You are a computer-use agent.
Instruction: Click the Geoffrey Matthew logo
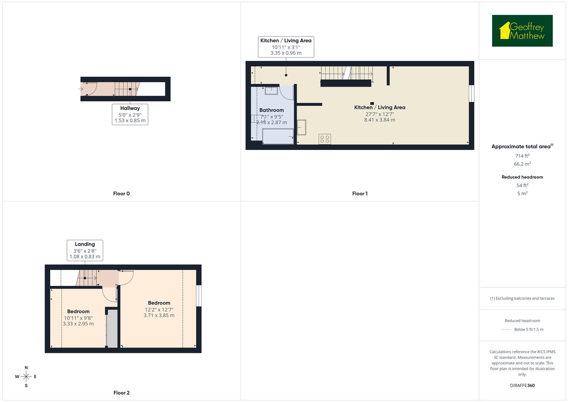(x=522, y=31)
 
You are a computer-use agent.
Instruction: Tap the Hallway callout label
(x=130, y=114)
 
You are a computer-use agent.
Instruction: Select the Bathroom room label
(x=272, y=110)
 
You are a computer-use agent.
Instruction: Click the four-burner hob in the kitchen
(x=324, y=139)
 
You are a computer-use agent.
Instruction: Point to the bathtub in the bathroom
(x=278, y=136)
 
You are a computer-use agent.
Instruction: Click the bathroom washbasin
(x=272, y=91)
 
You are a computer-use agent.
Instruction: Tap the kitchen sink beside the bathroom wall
(x=301, y=127)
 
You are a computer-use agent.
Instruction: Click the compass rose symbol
(x=26, y=377)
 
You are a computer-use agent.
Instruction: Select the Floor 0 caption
(x=121, y=194)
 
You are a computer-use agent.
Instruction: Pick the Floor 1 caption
(x=360, y=194)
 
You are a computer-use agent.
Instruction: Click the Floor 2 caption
(x=121, y=393)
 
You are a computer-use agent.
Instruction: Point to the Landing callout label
(x=85, y=250)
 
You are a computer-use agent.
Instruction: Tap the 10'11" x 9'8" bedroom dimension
(x=78, y=318)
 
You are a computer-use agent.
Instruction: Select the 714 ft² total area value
(x=522, y=156)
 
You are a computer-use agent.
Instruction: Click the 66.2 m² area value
(x=522, y=164)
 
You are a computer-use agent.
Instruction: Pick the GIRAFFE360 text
(x=522, y=385)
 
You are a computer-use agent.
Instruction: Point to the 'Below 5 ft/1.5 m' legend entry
(x=528, y=329)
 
